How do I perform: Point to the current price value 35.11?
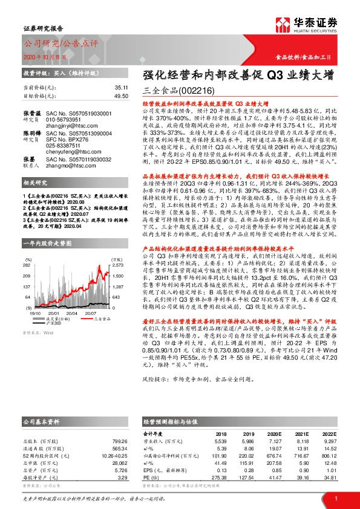click(x=121, y=87)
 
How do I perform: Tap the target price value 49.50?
click(x=121, y=96)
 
